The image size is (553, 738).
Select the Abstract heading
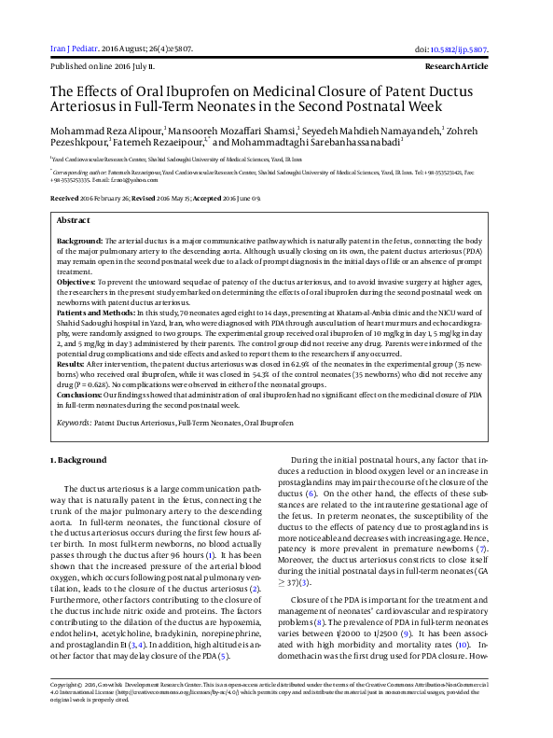(74, 219)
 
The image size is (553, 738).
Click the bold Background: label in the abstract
(81, 241)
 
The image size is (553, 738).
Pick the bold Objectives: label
(78, 280)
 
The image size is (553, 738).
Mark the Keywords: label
(74, 423)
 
